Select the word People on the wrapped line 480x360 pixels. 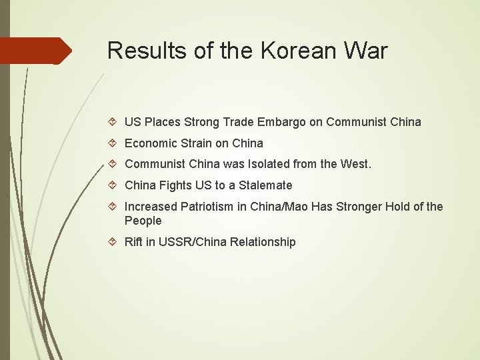pos(143,221)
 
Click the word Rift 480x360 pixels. pos(135,242)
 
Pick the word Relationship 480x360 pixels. pos(263,242)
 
